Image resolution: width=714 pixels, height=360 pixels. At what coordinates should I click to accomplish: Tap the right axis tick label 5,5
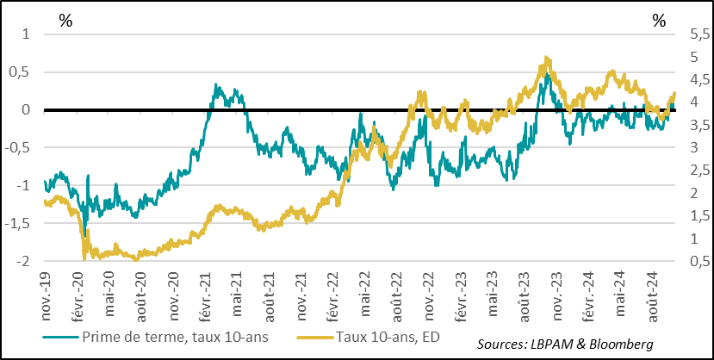click(x=700, y=34)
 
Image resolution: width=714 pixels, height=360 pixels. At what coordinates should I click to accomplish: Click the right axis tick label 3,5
click(x=700, y=126)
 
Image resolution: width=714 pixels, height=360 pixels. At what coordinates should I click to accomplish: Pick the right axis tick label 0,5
click(x=700, y=261)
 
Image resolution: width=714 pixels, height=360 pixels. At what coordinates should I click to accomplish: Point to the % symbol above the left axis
click(x=65, y=21)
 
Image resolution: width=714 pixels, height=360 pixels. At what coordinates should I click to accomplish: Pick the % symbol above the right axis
click(x=659, y=21)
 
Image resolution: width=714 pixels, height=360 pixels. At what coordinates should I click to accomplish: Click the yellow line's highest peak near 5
click(x=547, y=59)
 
